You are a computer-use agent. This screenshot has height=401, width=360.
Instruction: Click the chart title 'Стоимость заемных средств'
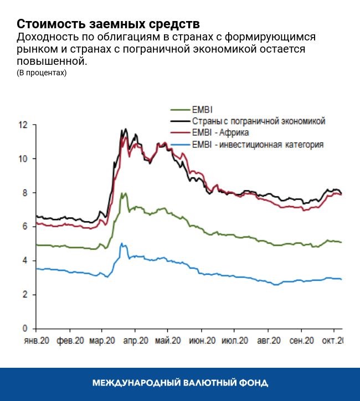pyautogui.click(x=108, y=24)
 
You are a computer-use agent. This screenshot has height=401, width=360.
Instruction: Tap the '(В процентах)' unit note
pyautogui.click(x=42, y=73)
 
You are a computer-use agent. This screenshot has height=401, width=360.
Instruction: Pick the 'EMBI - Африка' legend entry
pyautogui.click(x=220, y=133)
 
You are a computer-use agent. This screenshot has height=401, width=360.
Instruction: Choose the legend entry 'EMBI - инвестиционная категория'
pyautogui.click(x=257, y=145)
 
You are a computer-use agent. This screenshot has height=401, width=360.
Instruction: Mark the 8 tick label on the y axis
pyautogui.click(x=24, y=193)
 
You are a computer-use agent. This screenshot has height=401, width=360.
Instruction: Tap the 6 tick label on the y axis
pyautogui.click(x=24, y=227)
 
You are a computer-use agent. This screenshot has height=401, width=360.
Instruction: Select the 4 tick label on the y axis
pyautogui.click(x=24, y=261)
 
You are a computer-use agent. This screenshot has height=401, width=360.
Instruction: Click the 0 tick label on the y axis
pyautogui.click(x=24, y=329)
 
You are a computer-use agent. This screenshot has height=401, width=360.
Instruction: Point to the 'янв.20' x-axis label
pyautogui.click(x=36, y=341)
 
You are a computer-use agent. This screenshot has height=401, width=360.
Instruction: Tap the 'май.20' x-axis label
pyautogui.click(x=168, y=341)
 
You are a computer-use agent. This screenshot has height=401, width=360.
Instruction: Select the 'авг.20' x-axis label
pyautogui.click(x=270, y=341)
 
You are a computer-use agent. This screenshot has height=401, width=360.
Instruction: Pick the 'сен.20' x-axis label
pyautogui.click(x=302, y=341)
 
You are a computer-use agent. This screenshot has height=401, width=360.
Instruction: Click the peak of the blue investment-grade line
pyautogui.click(x=122, y=244)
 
